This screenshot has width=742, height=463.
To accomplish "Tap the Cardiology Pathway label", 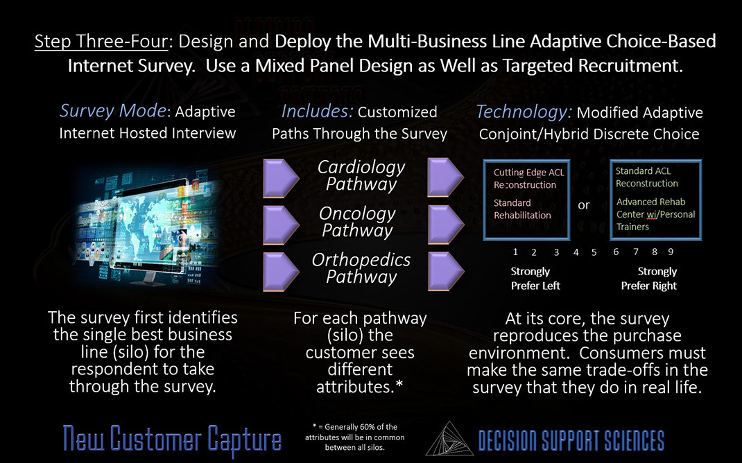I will (361, 176).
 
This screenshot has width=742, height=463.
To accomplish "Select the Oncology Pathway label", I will (357, 222).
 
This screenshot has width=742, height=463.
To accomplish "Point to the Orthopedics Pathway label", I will (361, 268).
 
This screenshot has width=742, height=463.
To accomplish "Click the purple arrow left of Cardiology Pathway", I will (281, 178).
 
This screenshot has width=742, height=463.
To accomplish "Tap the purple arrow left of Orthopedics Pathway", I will (281, 271).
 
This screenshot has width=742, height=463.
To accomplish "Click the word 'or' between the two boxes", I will (583, 205).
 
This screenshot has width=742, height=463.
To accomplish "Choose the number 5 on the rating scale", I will (594, 252).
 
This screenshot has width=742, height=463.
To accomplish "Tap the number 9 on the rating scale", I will (671, 252).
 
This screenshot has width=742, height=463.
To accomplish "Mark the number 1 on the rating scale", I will (515, 252).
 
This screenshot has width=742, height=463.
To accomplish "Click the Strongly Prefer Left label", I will (535, 279).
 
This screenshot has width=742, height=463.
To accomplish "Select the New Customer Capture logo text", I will (172, 439).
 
